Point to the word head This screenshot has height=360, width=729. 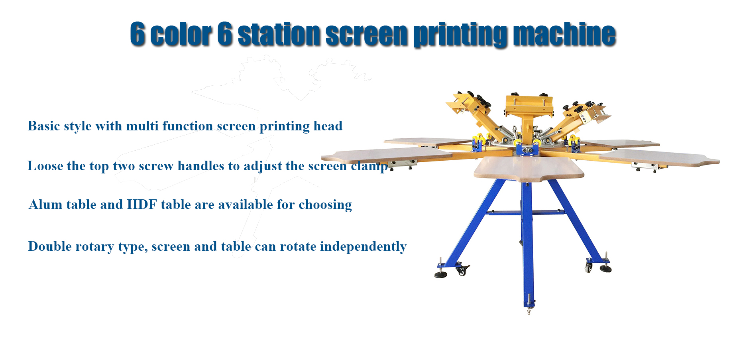coord(328,126)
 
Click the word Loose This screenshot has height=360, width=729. coord(45,166)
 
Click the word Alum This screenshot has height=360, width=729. coord(45,205)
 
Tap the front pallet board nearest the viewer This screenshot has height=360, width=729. coord(529,169)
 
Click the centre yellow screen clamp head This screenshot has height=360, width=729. coord(529,104)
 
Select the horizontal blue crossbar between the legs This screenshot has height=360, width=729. coord(526,212)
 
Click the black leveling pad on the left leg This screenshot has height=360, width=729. coord(440,275)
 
